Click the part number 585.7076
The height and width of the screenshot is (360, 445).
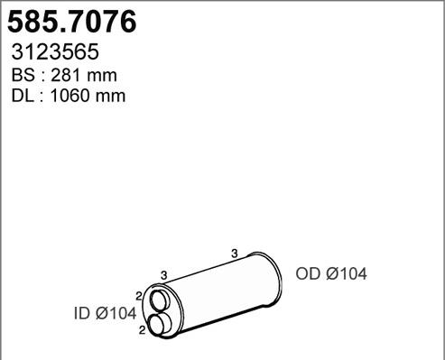72,21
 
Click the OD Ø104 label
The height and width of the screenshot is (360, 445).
331,274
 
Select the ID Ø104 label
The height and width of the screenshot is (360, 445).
104,314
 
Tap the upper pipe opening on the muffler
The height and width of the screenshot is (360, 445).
159,301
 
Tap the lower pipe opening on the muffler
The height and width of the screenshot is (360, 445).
161,323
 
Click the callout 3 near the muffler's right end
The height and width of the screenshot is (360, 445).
234,254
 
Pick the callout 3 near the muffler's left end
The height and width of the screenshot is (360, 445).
163,274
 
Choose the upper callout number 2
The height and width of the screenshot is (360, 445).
138,295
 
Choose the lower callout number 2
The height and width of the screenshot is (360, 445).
143,331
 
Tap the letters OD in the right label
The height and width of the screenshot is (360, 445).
307,274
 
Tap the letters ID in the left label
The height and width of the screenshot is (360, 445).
81,314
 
